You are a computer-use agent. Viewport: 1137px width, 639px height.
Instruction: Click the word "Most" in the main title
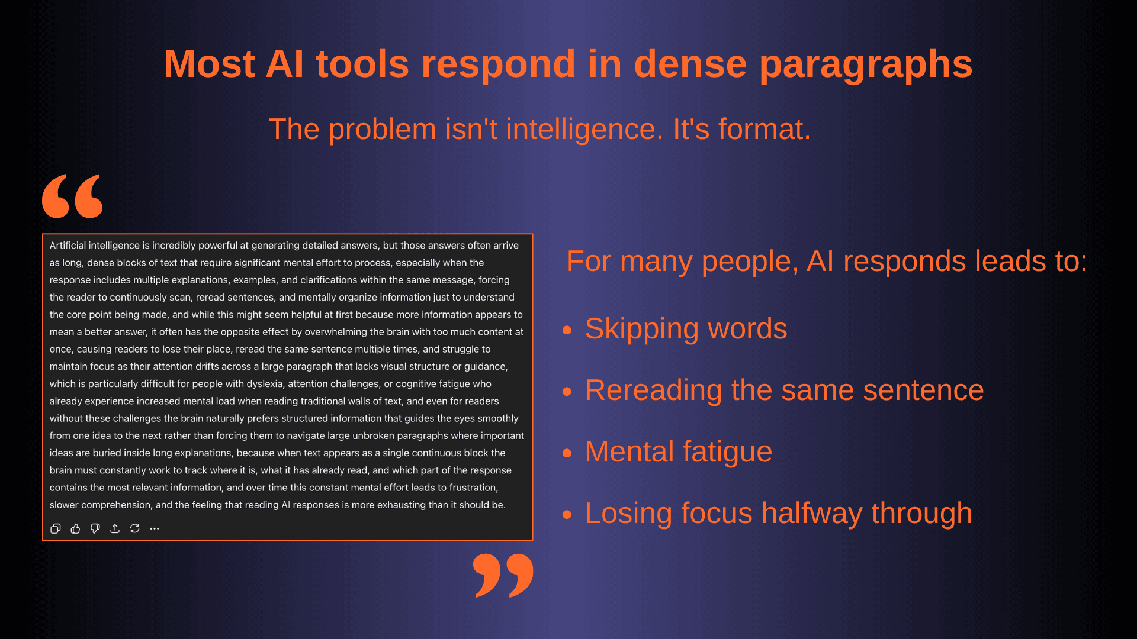(210, 64)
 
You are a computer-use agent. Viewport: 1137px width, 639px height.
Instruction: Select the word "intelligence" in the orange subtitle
(554, 129)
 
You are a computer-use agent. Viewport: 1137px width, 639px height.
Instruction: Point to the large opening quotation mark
(72, 196)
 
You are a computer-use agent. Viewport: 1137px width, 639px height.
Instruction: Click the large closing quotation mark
(503, 576)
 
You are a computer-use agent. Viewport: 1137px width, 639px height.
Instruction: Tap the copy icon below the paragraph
(56, 528)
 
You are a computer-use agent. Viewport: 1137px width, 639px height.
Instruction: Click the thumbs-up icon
(75, 528)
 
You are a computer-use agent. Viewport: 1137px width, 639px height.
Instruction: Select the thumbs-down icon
(95, 528)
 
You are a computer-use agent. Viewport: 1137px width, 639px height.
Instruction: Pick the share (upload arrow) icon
(115, 528)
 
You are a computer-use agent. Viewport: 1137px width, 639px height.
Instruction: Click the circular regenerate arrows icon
(135, 528)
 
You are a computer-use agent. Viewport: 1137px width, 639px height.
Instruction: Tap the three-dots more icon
(155, 528)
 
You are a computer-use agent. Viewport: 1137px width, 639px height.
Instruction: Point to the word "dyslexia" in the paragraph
(265, 384)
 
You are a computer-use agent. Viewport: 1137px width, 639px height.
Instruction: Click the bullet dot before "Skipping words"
(567, 330)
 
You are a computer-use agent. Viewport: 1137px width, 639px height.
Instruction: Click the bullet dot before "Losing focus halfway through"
(567, 515)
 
